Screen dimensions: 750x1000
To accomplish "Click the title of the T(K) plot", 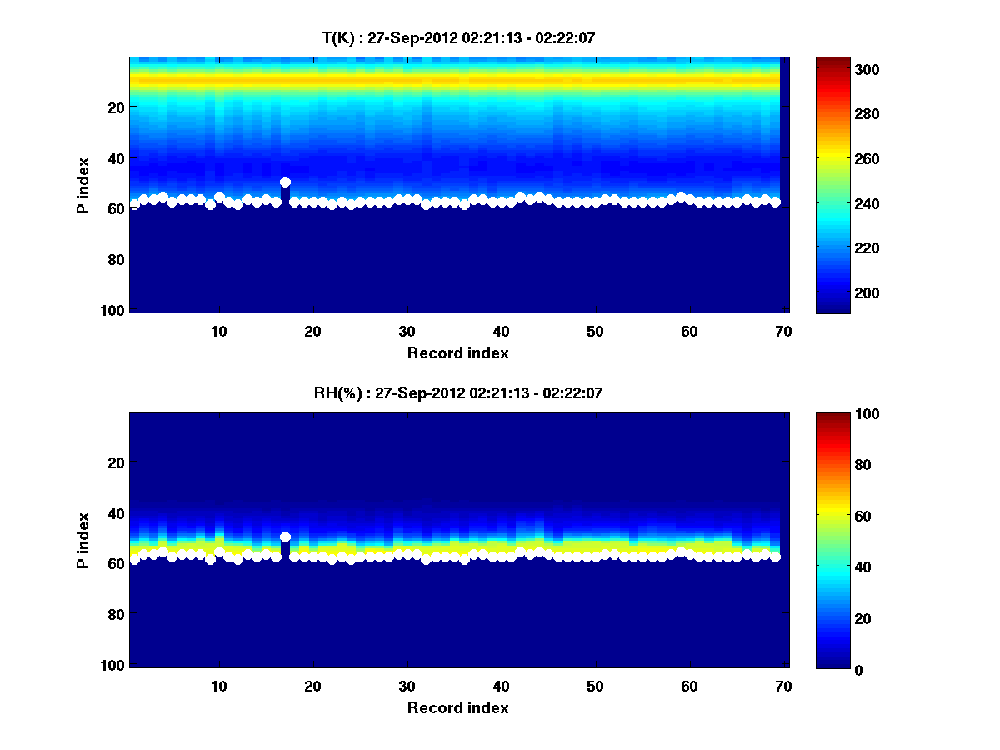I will [x=458, y=37].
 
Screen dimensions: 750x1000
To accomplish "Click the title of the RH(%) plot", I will [x=458, y=392].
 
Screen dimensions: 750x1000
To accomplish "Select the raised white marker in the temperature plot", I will [x=285, y=182].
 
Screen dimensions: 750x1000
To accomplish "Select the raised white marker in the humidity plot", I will [x=285, y=537].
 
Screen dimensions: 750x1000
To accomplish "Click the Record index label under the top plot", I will [x=458, y=352].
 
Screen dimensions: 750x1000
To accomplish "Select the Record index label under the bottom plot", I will [x=458, y=707].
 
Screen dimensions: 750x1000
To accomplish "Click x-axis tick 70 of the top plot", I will [x=783, y=330].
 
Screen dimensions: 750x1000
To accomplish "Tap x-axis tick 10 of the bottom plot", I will [x=218, y=685].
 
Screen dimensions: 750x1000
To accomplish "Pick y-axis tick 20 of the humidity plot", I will [x=116, y=462].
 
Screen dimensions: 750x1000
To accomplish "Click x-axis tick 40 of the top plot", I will [x=501, y=330].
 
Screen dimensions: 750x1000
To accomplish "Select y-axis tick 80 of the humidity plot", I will [x=116, y=614].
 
